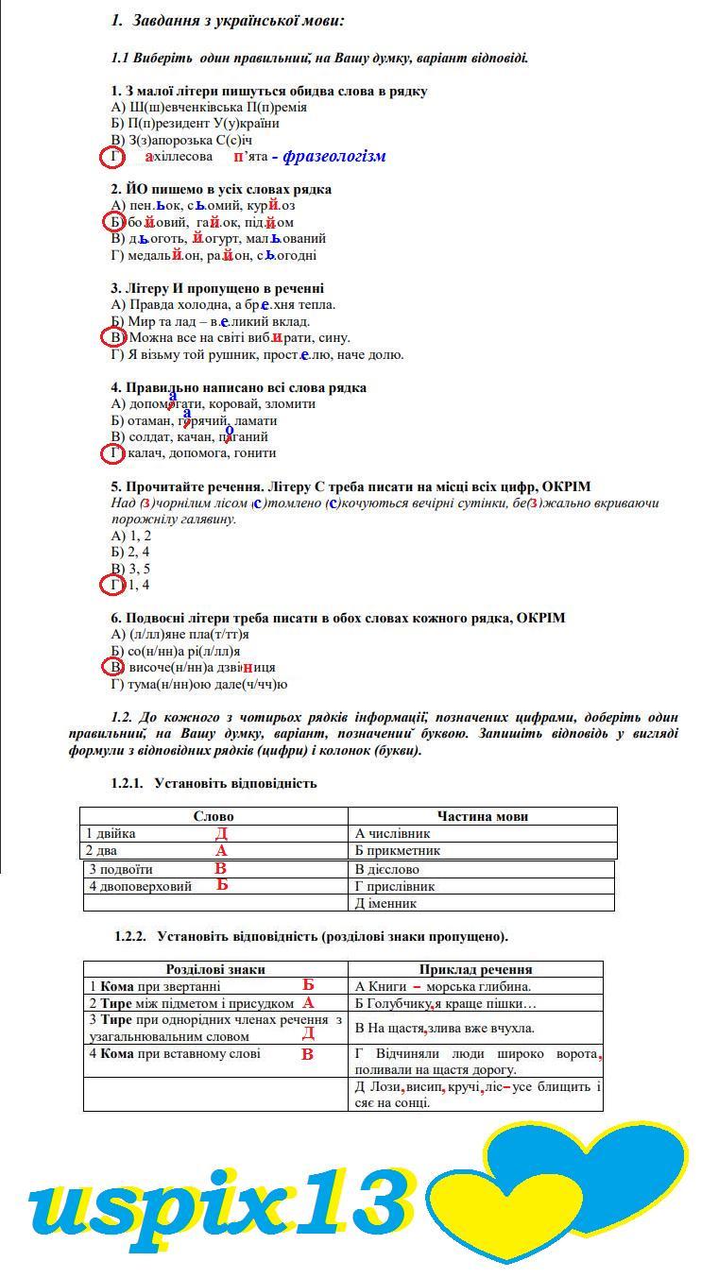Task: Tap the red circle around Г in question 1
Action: point(113,157)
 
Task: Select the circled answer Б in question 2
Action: point(113,222)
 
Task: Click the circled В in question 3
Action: point(113,337)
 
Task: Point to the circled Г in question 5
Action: point(113,586)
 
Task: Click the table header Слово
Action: point(214,816)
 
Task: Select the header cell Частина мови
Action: point(482,816)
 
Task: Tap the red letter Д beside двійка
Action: point(221,833)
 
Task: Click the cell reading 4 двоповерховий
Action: point(141,886)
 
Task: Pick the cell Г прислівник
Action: point(394,886)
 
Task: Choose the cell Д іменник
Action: point(387,903)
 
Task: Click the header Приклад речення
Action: point(475,969)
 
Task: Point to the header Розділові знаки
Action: point(215,969)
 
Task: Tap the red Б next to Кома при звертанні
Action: point(308,985)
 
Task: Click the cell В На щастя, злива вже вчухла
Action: point(444,1028)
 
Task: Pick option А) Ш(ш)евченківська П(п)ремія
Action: point(209,107)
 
